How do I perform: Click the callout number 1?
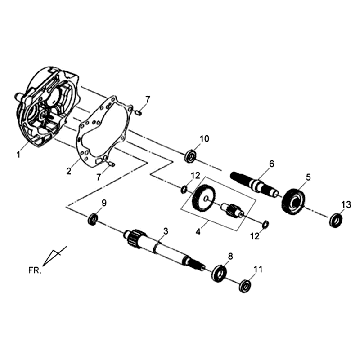(x=19, y=154)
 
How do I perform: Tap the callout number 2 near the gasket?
(x=69, y=171)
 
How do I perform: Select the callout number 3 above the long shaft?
(x=166, y=231)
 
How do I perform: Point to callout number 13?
(x=346, y=205)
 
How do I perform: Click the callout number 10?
(x=204, y=139)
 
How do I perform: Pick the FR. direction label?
(x=34, y=270)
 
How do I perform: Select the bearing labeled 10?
(x=191, y=157)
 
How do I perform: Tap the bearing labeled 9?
(x=93, y=219)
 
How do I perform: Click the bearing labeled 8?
(x=219, y=272)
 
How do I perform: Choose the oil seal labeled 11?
(x=245, y=286)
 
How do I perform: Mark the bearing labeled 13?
(x=336, y=220)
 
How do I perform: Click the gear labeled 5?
(x=294, y=201)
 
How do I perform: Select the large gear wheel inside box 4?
(x=204, y=198)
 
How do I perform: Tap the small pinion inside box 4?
(x=233, y=210)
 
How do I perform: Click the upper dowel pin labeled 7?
(x=139, y=113)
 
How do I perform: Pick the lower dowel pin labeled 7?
(x=111, y=163)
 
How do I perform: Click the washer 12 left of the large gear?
(x=184, y=190)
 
